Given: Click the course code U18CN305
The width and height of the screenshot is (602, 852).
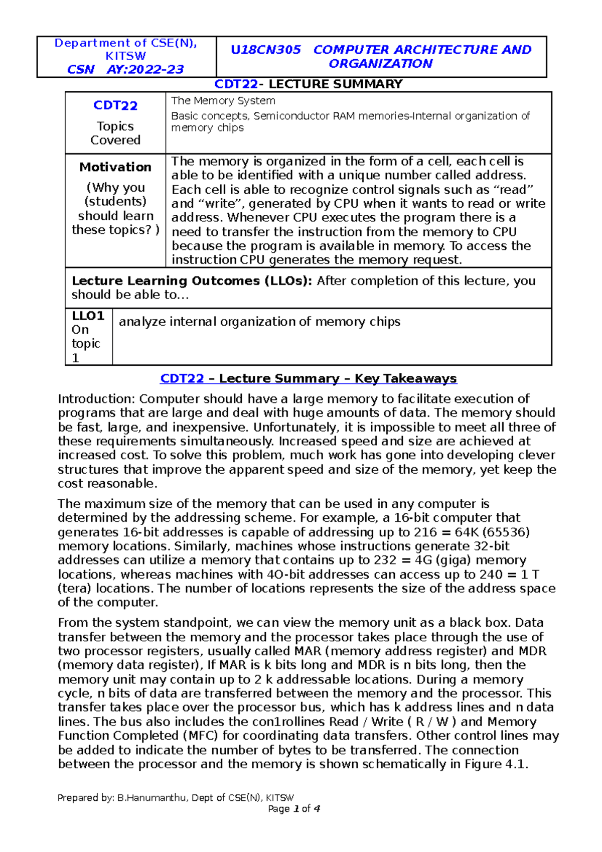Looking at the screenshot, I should [265, 50].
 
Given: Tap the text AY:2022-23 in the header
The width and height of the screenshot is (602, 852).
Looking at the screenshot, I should [145, 69].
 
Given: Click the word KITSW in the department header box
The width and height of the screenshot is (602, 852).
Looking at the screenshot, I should [125, 56].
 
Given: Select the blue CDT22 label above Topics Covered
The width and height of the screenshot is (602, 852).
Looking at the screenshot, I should [115, 105].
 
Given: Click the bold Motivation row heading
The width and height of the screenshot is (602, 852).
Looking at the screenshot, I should [115, 167].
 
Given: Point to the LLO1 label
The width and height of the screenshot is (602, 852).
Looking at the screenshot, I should [88, 316].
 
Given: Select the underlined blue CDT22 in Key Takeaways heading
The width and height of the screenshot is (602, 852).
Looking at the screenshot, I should [182, 378].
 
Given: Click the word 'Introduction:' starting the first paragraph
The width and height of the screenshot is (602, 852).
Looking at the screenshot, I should [96, 399].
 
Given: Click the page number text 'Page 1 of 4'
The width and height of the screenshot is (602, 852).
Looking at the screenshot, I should [294, 808].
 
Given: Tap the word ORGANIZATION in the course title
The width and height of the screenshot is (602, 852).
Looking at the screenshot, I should [380, 64].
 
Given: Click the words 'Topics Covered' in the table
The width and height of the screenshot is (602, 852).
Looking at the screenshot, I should [115, 133].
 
